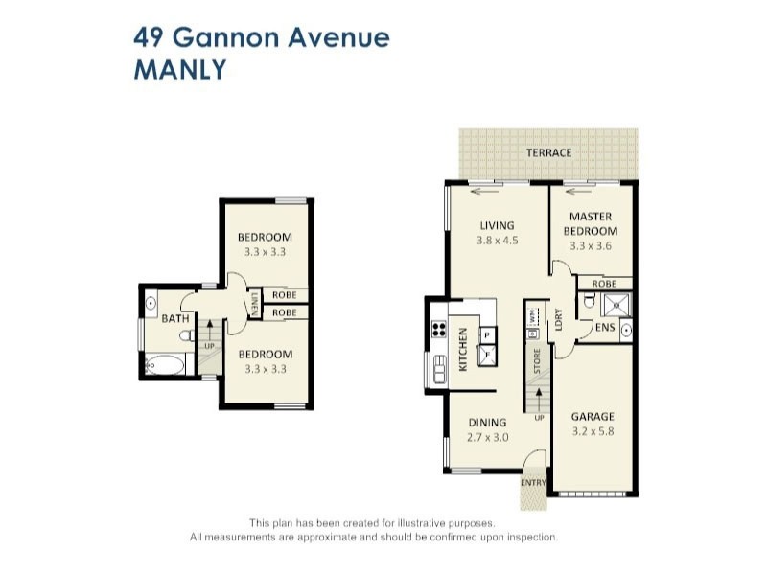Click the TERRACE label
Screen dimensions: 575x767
548,152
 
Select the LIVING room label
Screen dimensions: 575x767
497,226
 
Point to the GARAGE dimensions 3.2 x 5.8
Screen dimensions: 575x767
593,431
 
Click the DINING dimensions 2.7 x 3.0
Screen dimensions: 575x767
487,437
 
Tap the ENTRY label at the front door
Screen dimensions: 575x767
532,481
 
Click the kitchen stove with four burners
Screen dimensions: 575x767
439,329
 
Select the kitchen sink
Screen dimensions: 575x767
439,368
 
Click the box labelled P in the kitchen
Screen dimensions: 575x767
487,334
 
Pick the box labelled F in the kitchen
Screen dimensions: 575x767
487,354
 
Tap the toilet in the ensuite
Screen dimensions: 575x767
589,305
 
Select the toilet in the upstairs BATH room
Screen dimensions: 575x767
188,335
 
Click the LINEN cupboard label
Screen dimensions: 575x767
255,305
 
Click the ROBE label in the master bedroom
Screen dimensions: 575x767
603,284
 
